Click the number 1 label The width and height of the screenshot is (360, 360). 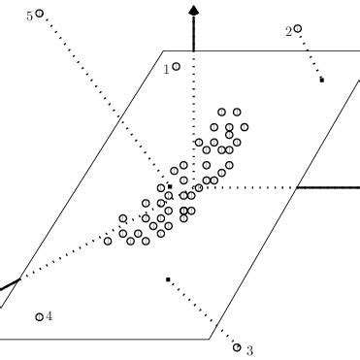(166, 69)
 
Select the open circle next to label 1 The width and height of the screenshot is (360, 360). (176, 66)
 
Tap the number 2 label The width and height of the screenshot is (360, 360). (288, 32)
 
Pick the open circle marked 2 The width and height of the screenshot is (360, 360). (298, 29)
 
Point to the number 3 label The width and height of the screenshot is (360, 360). (249, 350)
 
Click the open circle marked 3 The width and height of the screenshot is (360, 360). (238, 346)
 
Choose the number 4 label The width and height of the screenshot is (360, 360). (49, 315)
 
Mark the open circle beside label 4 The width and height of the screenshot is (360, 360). (39, 316)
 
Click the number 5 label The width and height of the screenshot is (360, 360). (30, 16)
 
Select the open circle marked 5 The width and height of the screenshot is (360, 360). (40, 15)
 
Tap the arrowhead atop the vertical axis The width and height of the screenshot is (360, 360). (194, 10)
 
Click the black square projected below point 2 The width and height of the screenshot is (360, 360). (321, 80)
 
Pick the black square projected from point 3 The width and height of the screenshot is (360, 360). (168, 280)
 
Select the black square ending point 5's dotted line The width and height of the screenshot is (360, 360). (169, 185)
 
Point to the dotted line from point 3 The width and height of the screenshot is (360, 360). (202, 312)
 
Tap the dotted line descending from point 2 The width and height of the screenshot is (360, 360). (311, 56)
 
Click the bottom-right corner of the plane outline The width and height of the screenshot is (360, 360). (211, 339)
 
